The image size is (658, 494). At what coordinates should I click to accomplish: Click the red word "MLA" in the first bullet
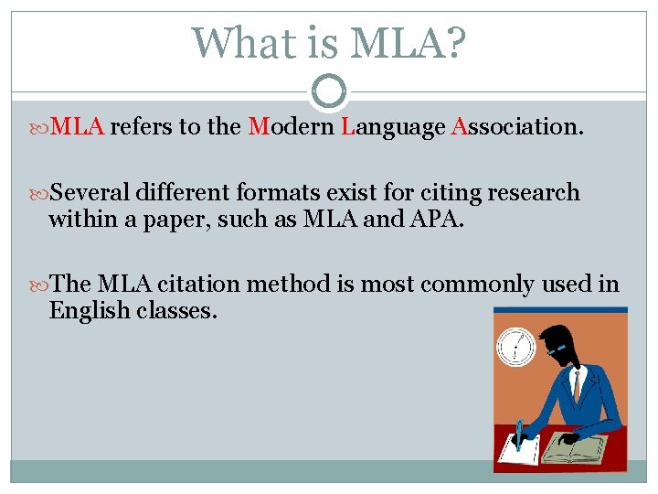click(77, 127)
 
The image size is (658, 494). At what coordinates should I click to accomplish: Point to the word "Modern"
click(291, 127)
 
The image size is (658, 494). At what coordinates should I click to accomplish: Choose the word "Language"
click(392, 127)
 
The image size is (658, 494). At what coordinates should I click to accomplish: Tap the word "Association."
click(517, 127)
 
